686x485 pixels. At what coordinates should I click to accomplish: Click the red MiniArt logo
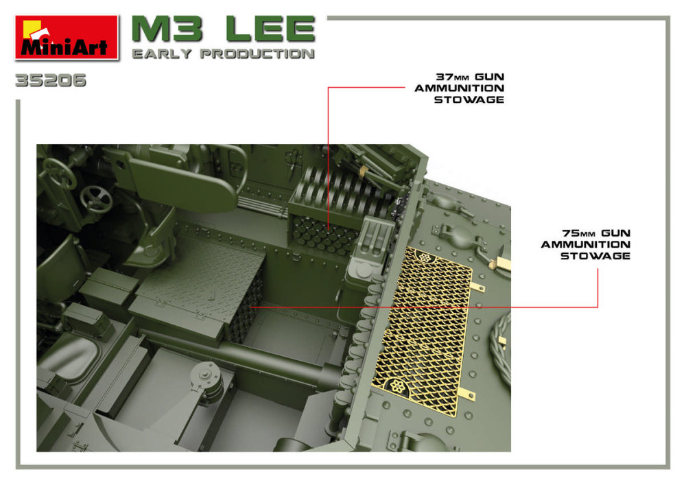click(x=67, y=37)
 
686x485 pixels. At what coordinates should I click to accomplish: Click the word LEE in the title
click(x=270, y=29)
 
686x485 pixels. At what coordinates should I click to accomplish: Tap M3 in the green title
click(x=167, y=29)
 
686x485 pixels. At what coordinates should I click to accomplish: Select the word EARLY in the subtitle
click(x=162, y=54)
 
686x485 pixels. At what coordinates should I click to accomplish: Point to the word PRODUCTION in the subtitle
click(x=258, y=54)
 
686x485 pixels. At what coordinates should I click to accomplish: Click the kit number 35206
click(x=51, y=80)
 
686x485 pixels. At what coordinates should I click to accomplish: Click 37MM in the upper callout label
click(x=452, y=77)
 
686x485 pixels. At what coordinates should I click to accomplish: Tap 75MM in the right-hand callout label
click(x=578, y=233)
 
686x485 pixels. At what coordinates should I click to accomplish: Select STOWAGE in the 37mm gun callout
click(x=469, y=99)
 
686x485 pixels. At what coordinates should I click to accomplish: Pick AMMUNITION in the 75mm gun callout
click(x=586, y=244)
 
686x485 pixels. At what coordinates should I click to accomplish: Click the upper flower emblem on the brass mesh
click(x=425, y=257)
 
